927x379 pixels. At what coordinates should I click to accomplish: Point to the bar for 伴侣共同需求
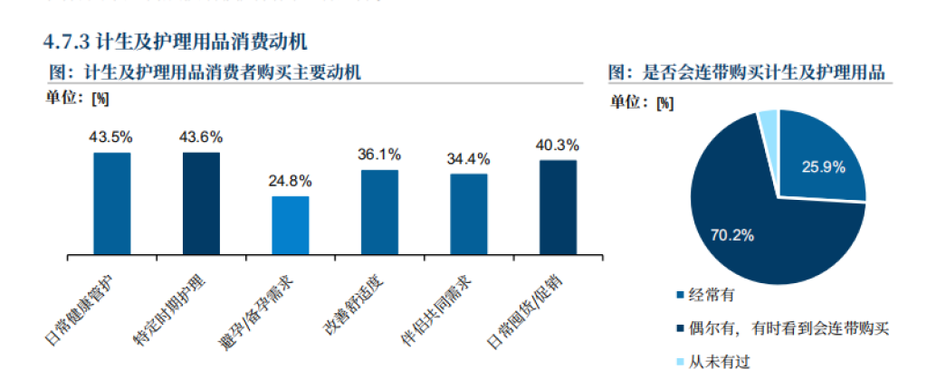[x=468, y=213]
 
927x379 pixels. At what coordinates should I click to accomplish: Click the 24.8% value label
[x=290, y=181]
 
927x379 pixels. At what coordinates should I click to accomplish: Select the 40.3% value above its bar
[x=558, y=145]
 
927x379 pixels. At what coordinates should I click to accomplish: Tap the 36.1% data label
[x=379, y=155]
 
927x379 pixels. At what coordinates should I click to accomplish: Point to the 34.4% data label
[x=468, y=159]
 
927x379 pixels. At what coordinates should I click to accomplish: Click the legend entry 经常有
[x=714, y=295]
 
